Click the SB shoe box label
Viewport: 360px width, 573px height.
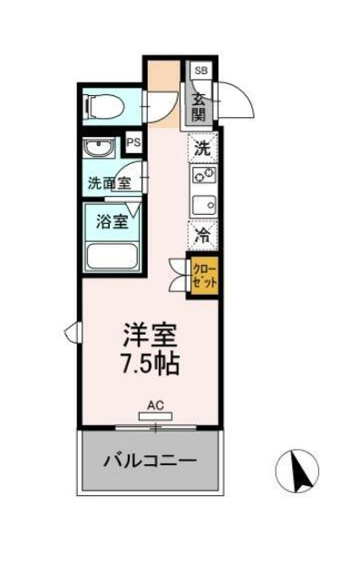coord(200,70)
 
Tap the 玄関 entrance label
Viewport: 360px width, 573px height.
coord(199,107)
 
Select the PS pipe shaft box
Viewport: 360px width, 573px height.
coord(133,142)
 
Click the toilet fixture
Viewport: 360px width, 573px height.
coord(104,107)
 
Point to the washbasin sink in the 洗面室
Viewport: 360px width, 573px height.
coord(99,148)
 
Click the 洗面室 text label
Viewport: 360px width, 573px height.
coord(110,183)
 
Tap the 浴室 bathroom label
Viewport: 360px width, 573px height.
coord(112,221)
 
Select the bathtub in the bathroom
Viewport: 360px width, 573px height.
coord(112,257)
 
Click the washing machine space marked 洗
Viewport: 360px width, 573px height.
coord(203,148)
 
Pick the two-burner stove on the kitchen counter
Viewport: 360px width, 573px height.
coord(203,174)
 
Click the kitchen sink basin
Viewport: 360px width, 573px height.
coord(204,205)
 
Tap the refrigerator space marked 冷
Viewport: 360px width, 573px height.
coord(203,236)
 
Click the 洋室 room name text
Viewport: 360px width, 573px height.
coord(150,335)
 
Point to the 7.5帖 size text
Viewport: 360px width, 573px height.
coord(150,364)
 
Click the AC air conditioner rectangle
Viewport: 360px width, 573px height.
coord(156,416)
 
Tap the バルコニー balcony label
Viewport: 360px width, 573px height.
coord(150,461)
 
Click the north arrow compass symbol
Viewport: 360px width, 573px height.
coord(297,471)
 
